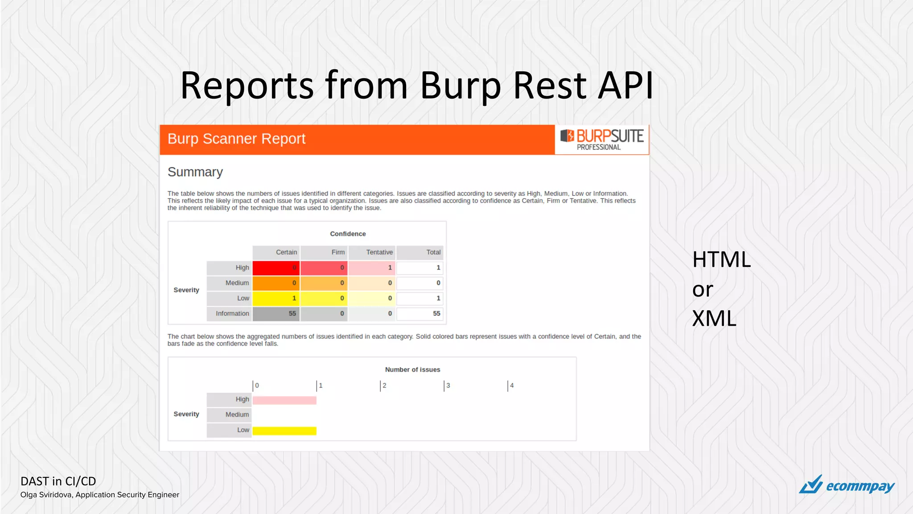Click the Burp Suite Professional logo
coord(602,140)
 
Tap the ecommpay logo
coord(847,485)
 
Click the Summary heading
coord(195,172)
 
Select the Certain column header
coord(276,252)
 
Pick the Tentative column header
coord(372,252)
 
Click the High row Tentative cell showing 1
coord(372,268)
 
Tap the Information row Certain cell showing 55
coord(276,314)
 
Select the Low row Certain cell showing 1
coord(276,298)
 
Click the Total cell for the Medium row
coord(419,283)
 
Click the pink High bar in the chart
coord(284,400)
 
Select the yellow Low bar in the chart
coord(284,431)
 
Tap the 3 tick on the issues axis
coord(447,385)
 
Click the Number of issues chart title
coord(412,369)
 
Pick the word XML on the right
coord(714,319)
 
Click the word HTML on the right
coord(721,260)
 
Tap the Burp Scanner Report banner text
coord(236,139)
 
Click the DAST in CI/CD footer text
coord(58,481)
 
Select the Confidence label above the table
coord(348,234)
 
